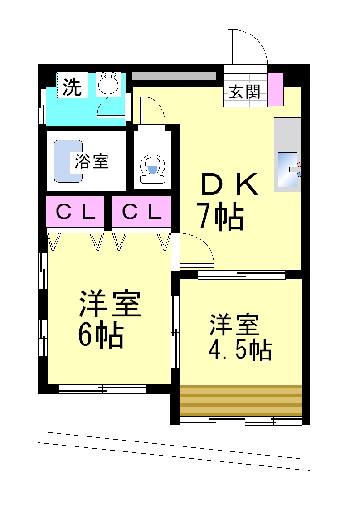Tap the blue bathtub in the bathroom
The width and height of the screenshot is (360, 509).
pos(68,161)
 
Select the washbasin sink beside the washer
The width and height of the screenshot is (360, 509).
pos(108,83)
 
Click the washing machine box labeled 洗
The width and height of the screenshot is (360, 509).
pos(73,85)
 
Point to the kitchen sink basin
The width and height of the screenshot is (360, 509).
pos(287,170)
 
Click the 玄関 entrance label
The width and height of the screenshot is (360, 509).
pos(244,92)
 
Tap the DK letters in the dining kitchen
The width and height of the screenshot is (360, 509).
pos(229,184)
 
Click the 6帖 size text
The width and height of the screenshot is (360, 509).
pos(101,334)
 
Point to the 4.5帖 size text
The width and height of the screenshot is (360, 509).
pos(240,350)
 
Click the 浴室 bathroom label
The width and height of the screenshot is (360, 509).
pos(92,161)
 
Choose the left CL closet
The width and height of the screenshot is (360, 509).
pos(75,212)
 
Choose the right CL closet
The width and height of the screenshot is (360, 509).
pos(141,212)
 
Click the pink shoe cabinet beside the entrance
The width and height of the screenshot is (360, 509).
pos(275,89)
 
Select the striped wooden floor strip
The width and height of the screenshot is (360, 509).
pos(241,401)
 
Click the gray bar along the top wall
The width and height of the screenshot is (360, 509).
pos(174,76)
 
